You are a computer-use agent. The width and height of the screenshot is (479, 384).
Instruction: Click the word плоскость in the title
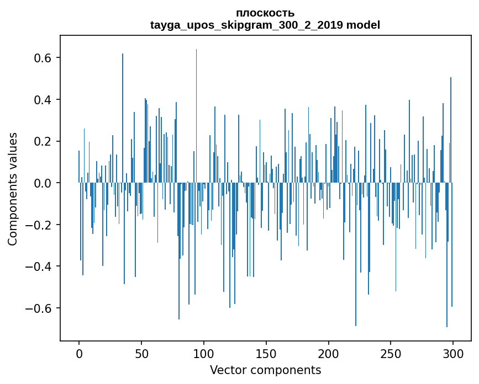[x=265, y=13]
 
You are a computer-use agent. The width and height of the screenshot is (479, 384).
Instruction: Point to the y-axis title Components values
[x=13, y=189]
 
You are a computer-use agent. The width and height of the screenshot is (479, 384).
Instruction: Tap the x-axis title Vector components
[x=265, y=370]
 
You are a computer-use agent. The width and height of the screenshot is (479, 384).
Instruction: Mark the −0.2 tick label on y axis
[x=40, y=225]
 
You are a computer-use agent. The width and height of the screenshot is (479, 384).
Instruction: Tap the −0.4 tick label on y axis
[x=40, y=266]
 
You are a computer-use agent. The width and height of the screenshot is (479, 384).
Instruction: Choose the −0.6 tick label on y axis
[x=40, y=308]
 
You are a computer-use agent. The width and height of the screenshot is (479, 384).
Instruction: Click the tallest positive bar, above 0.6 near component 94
[x=196, y=110]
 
